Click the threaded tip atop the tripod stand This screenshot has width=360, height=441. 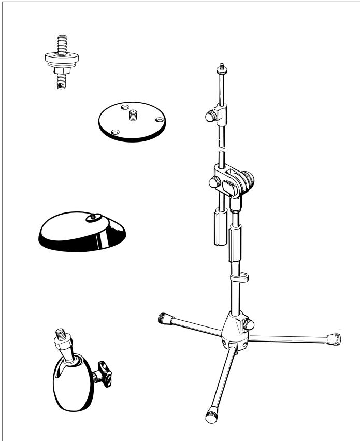[222, 67]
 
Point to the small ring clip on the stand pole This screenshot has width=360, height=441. [237, 277]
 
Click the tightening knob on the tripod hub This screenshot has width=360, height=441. [250, 324]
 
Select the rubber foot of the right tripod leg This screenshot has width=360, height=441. [335, 340]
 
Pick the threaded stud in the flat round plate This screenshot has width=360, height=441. [131, 113]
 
